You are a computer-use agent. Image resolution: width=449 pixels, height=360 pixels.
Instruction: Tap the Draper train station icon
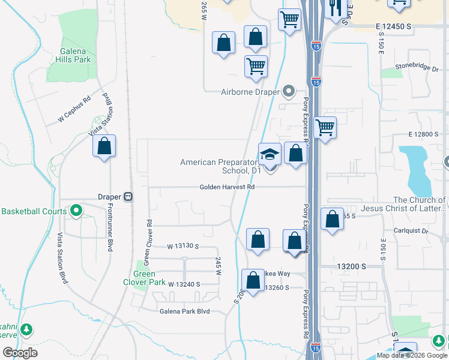pos(128,197)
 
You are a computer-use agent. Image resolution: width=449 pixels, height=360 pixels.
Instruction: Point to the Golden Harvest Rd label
pos(228,187)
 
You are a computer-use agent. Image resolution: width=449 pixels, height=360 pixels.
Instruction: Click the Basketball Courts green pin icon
pos(76,211)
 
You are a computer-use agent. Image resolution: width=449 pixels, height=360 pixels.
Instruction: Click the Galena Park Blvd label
pos(184,311)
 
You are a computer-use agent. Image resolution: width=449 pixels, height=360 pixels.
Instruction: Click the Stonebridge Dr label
pos(417,67)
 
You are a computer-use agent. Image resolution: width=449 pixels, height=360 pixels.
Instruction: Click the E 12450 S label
pos(394,27)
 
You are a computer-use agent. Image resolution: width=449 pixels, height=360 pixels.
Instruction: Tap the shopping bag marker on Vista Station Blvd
pos(104,146)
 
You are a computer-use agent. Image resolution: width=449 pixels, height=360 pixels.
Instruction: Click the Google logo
pos(20,353)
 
